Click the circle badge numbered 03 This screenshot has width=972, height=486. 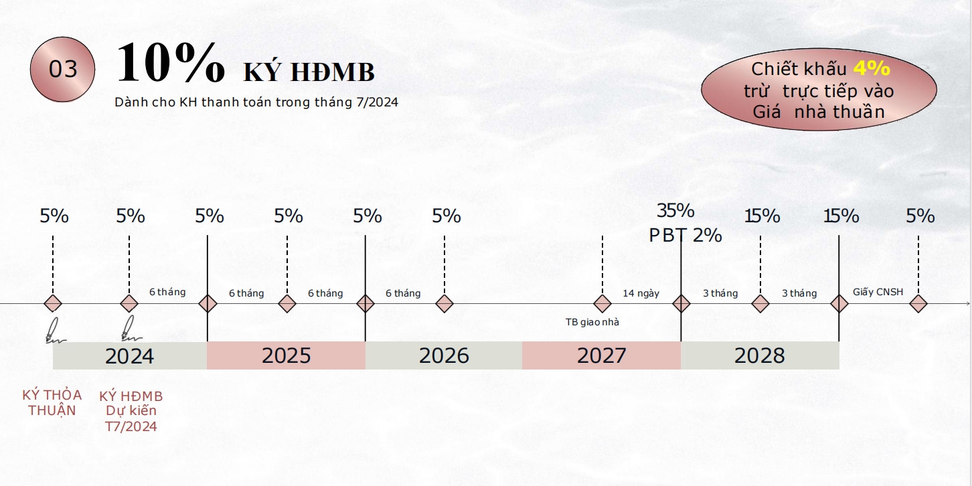(x=62, y=70)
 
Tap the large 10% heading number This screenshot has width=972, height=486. (x=171, y=62)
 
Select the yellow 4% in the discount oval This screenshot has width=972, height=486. (x=872, y=68)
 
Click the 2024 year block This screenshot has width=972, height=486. (x=130, y=356)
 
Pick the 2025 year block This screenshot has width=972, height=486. (x=286, y=356)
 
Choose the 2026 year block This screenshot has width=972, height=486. (x=444, y=356)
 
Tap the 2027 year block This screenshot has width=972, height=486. (x=601, y=356)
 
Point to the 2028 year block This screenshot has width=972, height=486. (x=760, y=356)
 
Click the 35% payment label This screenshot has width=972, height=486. (x=675, y=211)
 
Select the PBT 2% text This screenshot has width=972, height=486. (x=685, y=236)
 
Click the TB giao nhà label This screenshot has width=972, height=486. (x=592, y=322)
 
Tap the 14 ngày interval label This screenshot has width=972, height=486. (x=641, y=294)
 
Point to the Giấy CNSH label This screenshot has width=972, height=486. (x=878, y=292)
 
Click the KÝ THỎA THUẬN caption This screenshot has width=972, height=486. (x=52, y=403)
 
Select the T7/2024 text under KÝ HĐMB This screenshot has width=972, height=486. (x=131, y=427)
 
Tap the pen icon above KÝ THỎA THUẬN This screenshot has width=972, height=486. (x=55, y=331)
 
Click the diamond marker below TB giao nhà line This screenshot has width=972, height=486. (x=602, y=304)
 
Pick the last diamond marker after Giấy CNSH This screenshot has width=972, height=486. (x=918, y=304)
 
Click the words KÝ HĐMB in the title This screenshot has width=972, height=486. (x=309, y=72)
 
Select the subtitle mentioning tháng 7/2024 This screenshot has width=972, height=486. (x=256, y=102)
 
